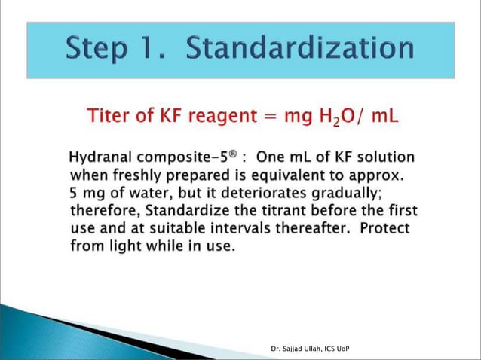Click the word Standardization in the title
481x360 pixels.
[299, 50]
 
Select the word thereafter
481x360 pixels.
[319, 227]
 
